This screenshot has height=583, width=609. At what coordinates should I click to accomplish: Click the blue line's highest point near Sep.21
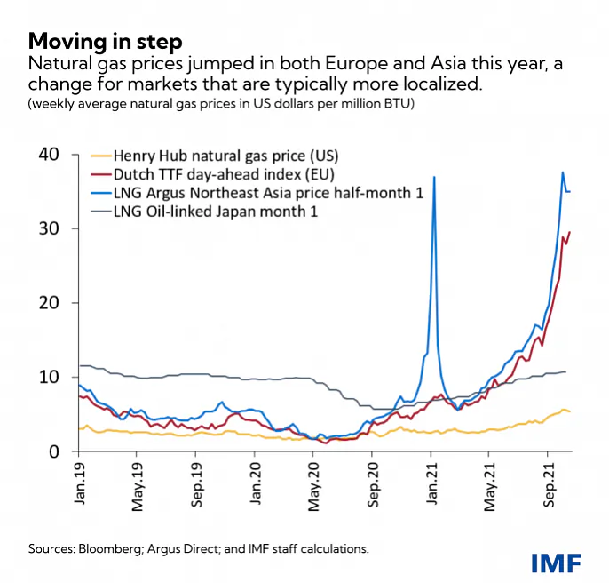[x=563, y=172]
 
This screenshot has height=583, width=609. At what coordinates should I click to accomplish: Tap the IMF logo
[x=557, y=562]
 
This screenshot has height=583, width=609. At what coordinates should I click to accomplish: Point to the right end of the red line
[x=570, y=232]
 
